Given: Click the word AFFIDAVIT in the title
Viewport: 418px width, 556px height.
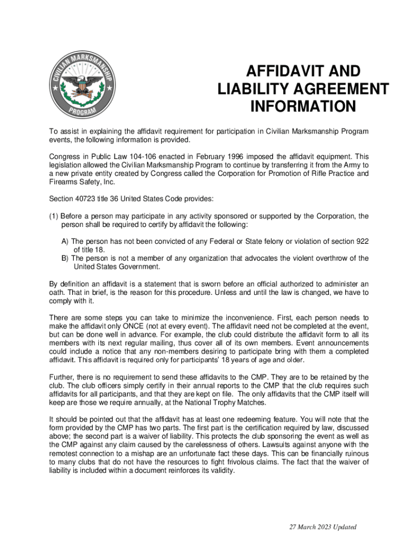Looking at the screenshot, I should pos(281,72).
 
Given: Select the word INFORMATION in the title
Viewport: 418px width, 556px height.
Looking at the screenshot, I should pos(303,106).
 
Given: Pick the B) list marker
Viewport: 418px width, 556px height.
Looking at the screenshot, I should pos(65,258).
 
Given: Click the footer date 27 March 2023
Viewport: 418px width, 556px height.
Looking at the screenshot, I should pos(307,527).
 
